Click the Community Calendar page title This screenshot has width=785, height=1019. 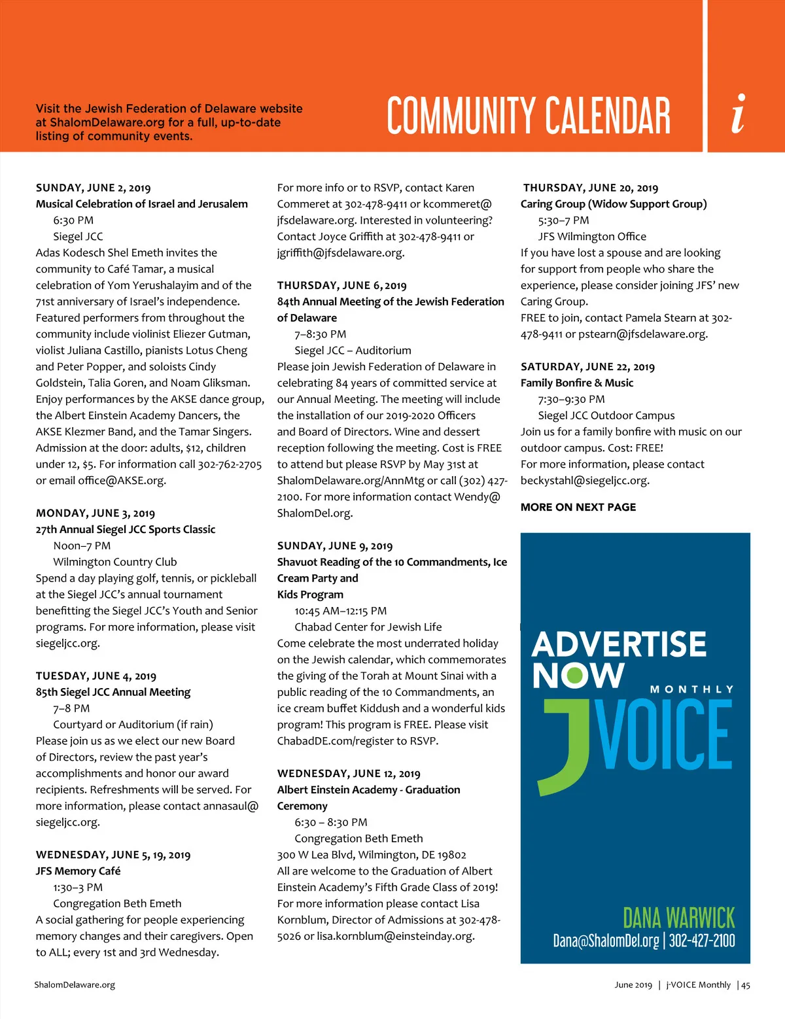point(528,116)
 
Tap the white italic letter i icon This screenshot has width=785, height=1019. point(739,114)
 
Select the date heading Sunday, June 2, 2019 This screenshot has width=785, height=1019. point(93,188)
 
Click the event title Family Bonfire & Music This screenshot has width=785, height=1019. point(576,383)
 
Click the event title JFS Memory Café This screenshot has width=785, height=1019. point(78,871)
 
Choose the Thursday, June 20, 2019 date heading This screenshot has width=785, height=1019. point(590,188)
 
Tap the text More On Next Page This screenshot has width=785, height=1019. point(578,507)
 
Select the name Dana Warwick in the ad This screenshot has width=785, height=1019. point(678,918)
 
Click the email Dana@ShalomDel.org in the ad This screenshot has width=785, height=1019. point(606,941)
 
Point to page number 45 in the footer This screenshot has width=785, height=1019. point(746,984)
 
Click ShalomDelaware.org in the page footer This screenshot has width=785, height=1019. point(75,984)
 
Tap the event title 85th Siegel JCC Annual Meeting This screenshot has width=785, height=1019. point(113,692)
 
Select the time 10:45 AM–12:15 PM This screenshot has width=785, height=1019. point(340,610)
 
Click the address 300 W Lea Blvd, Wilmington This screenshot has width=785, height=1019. point(371,855)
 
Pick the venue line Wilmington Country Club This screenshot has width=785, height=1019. point(114,562)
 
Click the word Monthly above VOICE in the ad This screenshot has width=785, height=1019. point(691,689)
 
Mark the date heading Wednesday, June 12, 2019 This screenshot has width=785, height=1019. point(348,774)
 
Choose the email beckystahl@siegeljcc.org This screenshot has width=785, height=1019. point(584,480)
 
